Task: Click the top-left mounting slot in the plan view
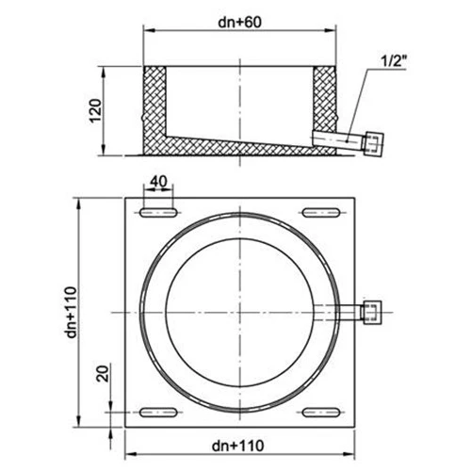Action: pos(158,214)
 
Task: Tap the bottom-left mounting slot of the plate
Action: pos(158,411)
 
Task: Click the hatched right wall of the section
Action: pos(323,99)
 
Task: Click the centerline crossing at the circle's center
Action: pos(239,313)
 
